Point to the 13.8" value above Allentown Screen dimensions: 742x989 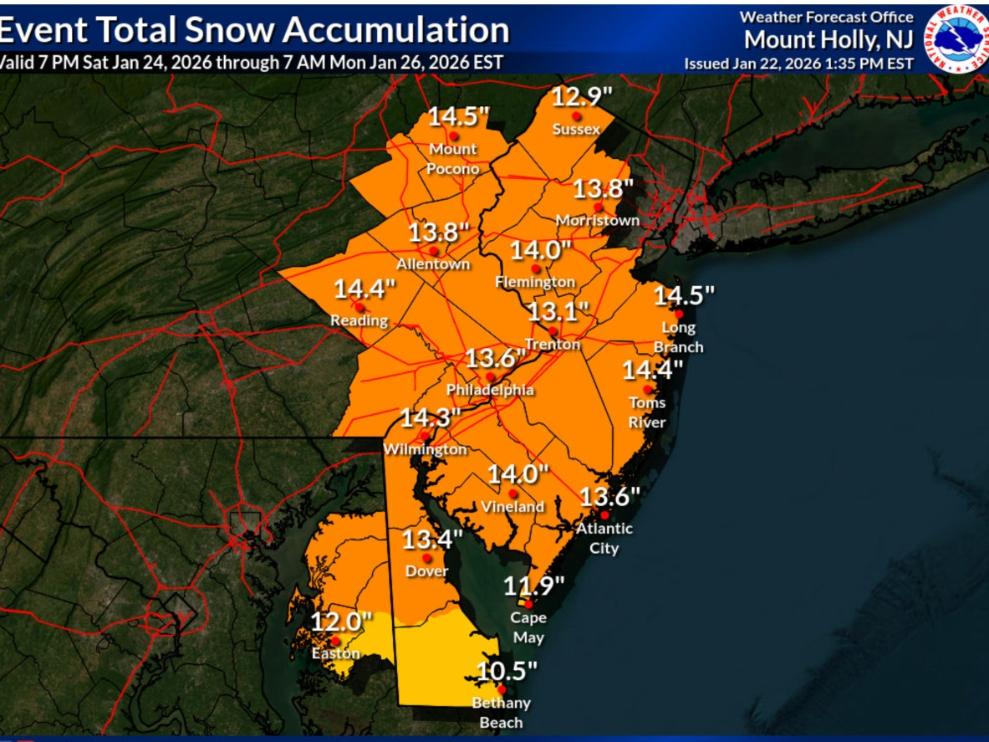pos(434,233)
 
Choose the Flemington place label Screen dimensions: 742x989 pos(535,282)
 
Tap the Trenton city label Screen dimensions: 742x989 pos(552,345)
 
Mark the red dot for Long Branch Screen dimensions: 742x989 pos(679,314)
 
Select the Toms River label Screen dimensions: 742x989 pos(647,412)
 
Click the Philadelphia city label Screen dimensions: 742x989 pos(490,391)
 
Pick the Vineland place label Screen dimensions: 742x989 pos(512,507)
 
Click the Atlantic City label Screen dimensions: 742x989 pos(604,538)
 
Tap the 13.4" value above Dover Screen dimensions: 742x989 pos(432,540)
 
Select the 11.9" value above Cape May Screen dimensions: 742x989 pos(533,586)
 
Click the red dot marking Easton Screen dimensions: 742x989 pos(335,641)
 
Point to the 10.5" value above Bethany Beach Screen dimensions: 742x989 pos(507,671)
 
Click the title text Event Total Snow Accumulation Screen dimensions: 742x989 pos(254,30)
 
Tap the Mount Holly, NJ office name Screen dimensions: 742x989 pos(828,39)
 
